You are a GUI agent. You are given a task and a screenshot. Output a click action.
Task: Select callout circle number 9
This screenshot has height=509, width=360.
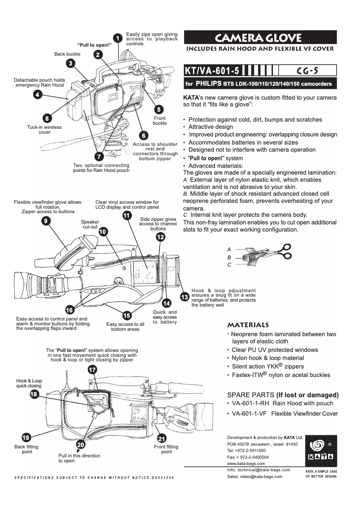click(x=45, y=221)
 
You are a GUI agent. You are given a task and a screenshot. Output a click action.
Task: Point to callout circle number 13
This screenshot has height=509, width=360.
click(x=184, y=297)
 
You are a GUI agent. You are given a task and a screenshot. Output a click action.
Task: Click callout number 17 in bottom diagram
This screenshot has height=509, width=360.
click(x=92, y=370)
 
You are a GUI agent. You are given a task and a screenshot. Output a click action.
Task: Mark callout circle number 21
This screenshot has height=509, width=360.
click(x=162, y=438)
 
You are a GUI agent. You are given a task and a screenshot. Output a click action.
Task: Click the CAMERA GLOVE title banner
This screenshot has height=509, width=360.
click(x=260, y=37)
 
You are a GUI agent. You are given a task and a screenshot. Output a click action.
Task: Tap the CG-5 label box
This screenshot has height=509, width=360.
click(x=307, y=70)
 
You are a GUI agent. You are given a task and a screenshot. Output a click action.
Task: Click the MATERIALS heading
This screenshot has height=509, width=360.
click(x=248, y=325)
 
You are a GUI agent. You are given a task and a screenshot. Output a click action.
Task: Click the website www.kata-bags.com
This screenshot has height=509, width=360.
click(x=246, y=463)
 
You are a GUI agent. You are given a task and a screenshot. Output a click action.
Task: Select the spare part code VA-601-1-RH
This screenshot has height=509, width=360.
click(x=250, y=404)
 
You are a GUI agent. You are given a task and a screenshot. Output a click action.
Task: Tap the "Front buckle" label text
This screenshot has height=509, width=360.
click(x=159, y=121)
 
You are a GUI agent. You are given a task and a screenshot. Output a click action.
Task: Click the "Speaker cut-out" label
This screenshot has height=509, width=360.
click(x=90, y=224)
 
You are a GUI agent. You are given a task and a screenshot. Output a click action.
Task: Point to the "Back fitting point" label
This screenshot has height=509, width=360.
click(x=26, y=449)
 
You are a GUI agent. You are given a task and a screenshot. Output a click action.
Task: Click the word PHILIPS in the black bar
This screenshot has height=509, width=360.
click(x=210, y=84)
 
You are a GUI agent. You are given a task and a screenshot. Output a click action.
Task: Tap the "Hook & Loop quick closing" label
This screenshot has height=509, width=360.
click(x=29, y=383)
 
